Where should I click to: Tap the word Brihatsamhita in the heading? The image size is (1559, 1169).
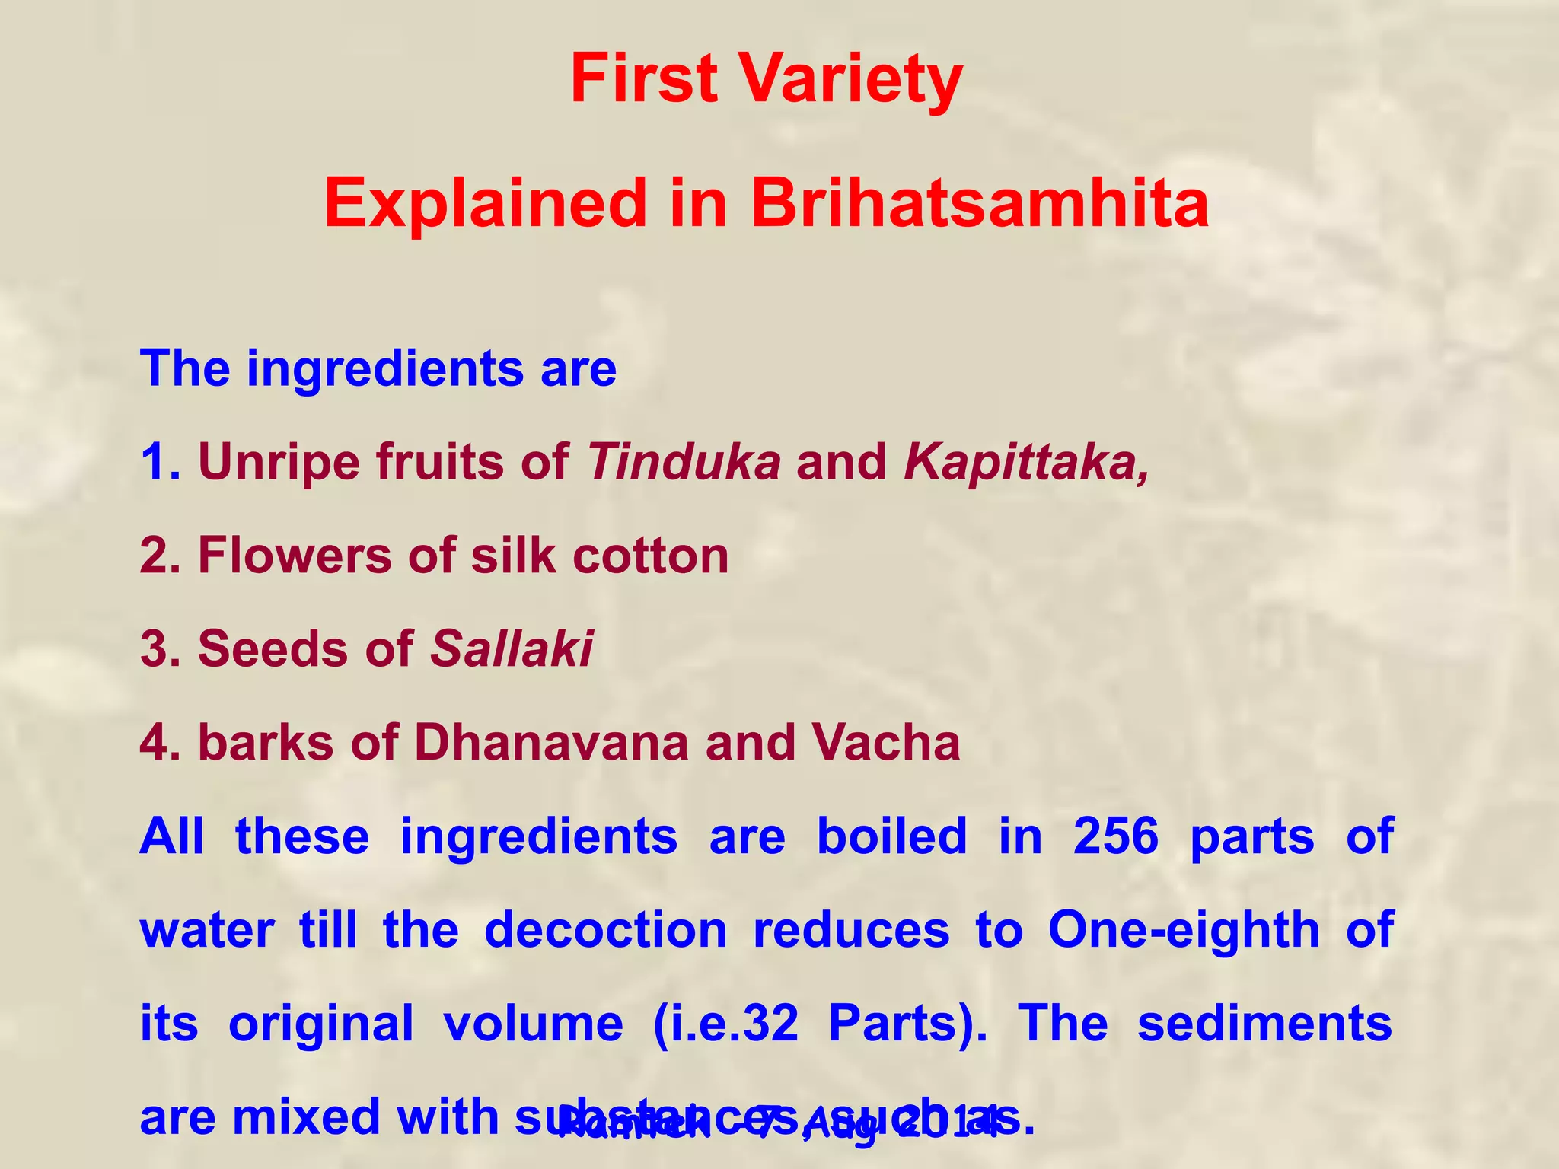980,204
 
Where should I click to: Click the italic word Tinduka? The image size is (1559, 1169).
684,462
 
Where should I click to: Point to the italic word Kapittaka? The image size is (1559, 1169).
1025,462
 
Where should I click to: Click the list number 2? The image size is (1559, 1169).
158,556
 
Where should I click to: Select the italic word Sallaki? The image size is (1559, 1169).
512,649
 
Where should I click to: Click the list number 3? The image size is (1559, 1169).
158,649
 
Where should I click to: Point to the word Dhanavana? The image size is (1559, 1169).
551,743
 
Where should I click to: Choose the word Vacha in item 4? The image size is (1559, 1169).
885,743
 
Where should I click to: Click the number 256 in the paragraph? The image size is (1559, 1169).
1116,836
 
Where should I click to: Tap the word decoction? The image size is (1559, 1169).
606,930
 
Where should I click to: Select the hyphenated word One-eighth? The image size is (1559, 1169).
1184,930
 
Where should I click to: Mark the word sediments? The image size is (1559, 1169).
1264,1024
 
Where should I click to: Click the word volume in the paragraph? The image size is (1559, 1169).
533,1024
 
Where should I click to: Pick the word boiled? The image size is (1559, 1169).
891,836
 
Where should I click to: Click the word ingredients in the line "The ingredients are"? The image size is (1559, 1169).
385,369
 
